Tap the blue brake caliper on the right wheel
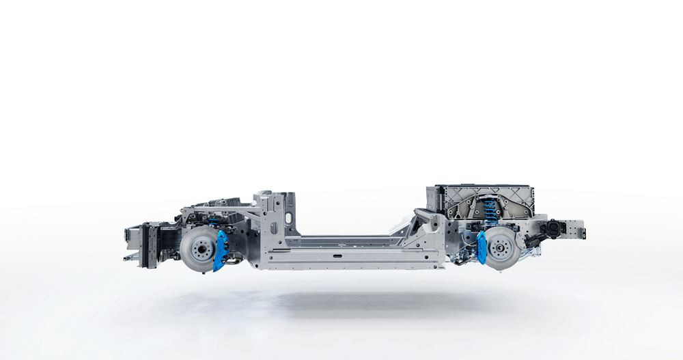[x=482, y=247]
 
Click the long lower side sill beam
[x=355, y=258]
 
